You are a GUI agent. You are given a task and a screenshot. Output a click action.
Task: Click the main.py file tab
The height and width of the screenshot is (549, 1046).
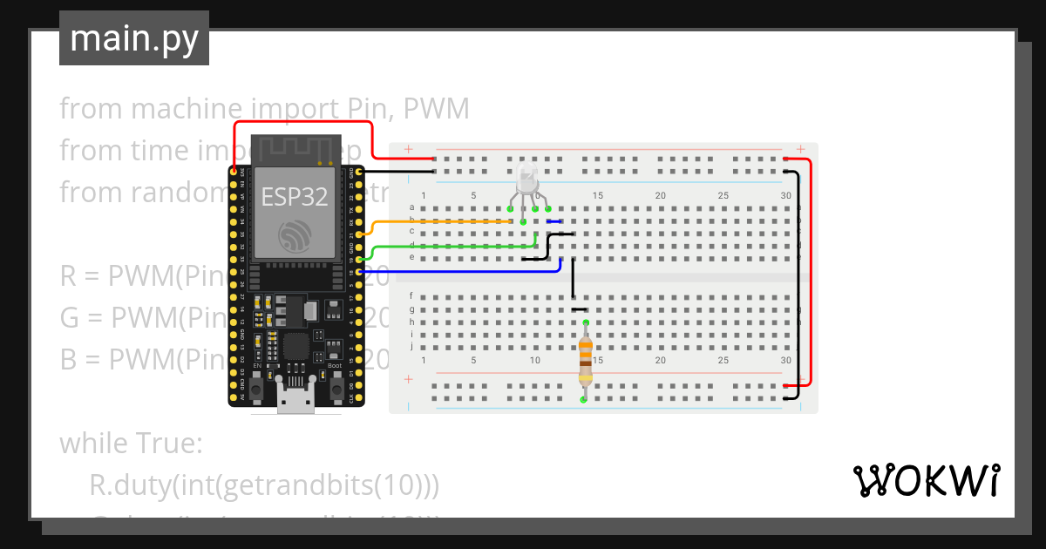(x=134, y=38)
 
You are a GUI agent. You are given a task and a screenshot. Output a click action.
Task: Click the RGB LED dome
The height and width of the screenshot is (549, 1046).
(x=527, y=180)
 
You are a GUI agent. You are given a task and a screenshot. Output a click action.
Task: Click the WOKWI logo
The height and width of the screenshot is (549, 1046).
(x=925, y=480)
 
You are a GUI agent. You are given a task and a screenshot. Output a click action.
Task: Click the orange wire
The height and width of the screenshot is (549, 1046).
(x=436, y=222)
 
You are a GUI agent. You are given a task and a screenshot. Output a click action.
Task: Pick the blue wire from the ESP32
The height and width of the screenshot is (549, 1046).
(x=462, y=272)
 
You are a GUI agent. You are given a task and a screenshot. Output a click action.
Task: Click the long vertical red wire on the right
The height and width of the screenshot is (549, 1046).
(x=812, y=270)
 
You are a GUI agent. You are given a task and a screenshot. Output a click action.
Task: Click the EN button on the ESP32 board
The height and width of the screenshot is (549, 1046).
(x=256, y=389)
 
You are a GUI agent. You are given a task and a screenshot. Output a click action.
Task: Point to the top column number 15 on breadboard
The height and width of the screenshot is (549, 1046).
(x=598, y=196)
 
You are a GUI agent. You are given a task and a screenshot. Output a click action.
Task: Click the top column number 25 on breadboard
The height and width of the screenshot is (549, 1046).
(x=723, y=196)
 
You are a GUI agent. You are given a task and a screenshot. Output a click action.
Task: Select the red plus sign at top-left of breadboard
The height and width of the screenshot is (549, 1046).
(x=408, y=149)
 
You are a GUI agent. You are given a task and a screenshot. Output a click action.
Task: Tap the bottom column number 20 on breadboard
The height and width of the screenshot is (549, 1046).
(x=661, y=361)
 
